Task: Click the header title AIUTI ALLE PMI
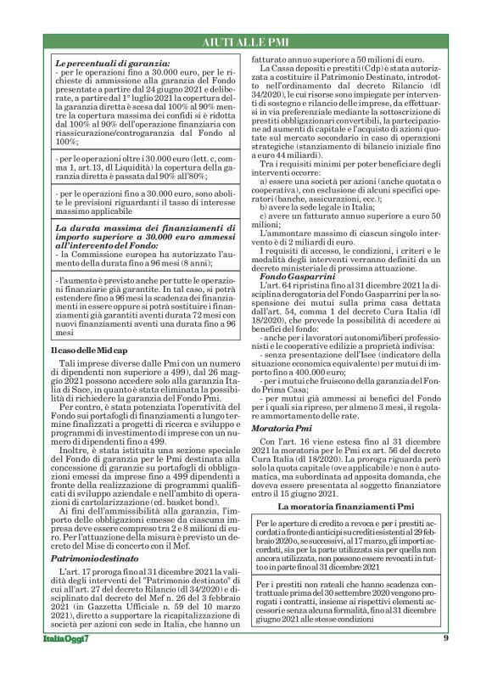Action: click(x=246, y=42)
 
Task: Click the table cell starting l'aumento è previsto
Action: click(x=141, y=306)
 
